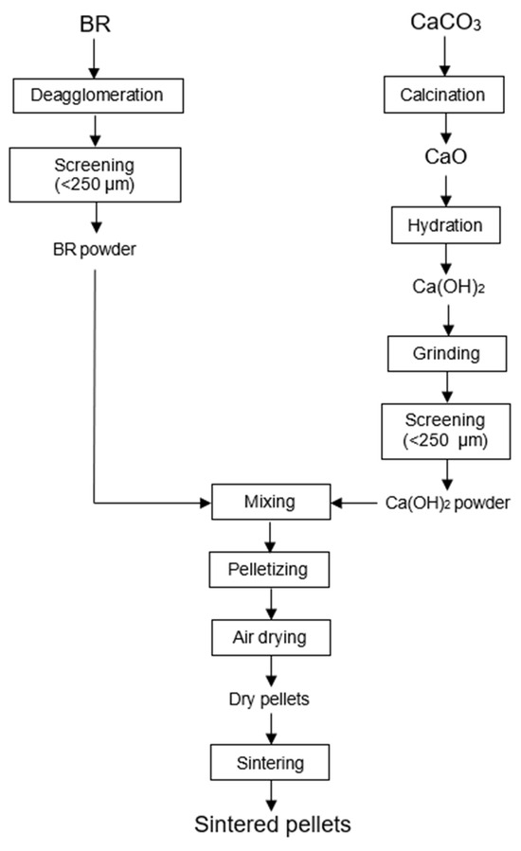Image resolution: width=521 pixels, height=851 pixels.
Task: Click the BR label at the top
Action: point(94,22)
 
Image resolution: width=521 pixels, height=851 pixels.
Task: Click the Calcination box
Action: point(444,95)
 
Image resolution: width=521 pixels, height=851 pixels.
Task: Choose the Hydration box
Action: point(444,227)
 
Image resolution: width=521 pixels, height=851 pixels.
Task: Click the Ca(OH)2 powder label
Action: point(448,502)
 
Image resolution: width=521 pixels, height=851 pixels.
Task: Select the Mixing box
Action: point(271,502)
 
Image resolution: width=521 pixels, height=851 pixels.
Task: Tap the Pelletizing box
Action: point(271,570)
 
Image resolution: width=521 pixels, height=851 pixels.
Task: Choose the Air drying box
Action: point(271,636)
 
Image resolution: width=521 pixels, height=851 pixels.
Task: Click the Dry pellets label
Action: point(271,700)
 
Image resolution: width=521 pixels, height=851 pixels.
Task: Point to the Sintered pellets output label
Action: point(273,824)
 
